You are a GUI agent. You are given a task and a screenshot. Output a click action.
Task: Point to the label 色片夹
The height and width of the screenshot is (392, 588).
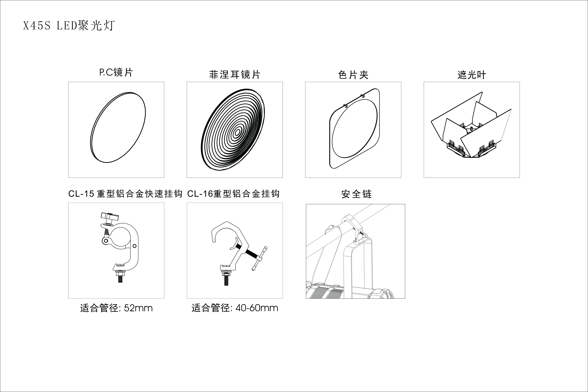353,75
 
